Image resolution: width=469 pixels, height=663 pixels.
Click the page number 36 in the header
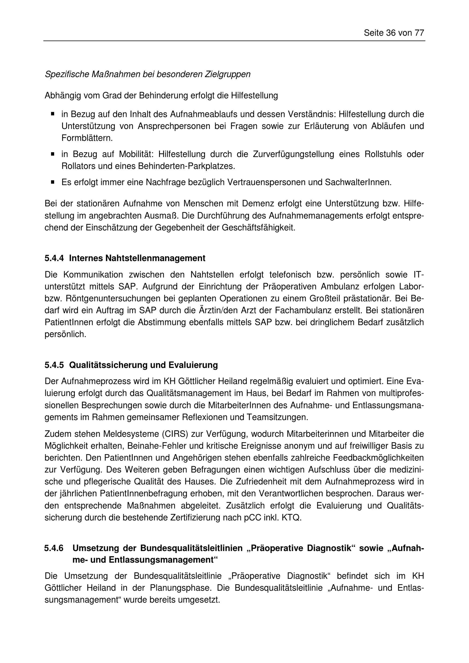click(x=391, y=33)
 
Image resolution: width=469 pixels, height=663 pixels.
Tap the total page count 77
click(x=419, y=33)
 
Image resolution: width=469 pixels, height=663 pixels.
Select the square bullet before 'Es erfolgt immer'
click(x=53, y=182)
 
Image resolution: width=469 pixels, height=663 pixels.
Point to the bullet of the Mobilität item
click(x=53, y=154)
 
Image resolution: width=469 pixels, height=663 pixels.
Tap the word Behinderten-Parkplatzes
click(x=186, y=166)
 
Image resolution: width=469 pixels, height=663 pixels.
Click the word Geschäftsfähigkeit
click(x=258, y=228)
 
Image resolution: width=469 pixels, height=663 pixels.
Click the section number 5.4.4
click(x=54, y=258)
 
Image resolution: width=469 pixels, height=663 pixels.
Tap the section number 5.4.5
click(x=54, y=365)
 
